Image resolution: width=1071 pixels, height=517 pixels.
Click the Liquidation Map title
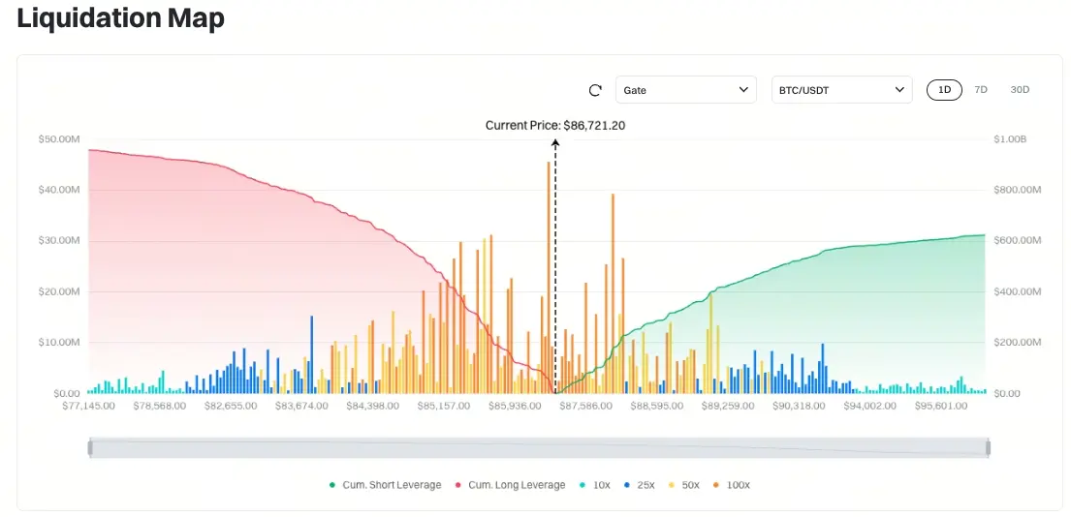121,19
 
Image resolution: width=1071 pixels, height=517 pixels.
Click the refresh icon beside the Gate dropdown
596,90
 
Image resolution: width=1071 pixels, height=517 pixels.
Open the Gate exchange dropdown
685,90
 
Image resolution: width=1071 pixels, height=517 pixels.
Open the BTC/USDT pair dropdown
841,90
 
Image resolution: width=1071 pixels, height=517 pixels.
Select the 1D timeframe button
944,90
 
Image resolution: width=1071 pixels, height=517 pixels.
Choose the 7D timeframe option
981,90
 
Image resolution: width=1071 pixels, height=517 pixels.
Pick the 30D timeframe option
1020,90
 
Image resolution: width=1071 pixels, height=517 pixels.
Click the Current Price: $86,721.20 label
555,125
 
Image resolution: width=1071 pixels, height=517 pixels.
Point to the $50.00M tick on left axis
59,139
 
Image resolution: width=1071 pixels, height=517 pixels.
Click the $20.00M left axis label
59,291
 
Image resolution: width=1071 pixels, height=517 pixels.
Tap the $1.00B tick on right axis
1010,139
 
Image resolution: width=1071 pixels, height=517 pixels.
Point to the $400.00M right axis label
1018,291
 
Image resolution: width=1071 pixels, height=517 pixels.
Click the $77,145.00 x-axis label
89,406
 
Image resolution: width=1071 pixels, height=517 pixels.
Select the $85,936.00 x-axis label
515,406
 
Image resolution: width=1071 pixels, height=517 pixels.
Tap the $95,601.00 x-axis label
940,406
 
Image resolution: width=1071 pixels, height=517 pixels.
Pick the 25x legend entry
641,485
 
